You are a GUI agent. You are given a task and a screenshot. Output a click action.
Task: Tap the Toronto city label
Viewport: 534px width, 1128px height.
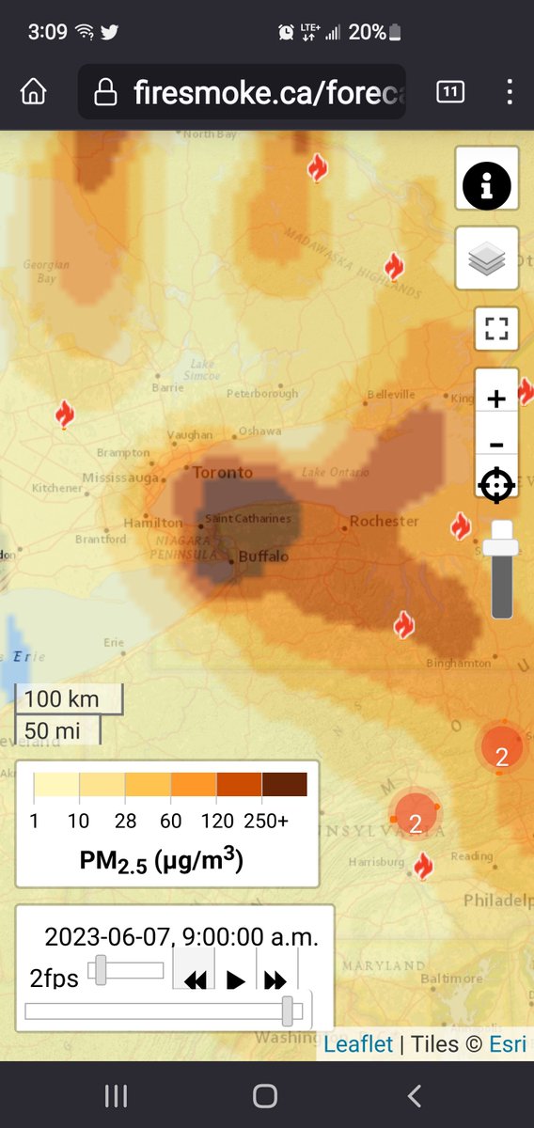tap(223, 472)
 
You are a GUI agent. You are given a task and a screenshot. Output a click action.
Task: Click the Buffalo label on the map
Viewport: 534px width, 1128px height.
tap(263, 556)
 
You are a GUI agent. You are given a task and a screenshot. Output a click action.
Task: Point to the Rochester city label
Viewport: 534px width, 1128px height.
tap(384, 521)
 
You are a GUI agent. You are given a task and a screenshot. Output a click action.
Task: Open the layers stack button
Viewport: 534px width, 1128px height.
tap(487, 258)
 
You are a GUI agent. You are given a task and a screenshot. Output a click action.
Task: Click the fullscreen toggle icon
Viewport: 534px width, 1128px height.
tap(496, 329)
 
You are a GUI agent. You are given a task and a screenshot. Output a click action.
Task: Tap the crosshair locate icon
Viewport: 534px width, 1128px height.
tap(496, 485)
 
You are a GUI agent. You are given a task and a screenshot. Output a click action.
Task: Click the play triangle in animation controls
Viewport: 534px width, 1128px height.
tap(236, 981)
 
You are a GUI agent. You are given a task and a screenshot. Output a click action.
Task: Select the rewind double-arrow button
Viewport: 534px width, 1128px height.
tap(195, 981)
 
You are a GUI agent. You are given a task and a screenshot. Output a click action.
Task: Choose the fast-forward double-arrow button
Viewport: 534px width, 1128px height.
tap(275, 981)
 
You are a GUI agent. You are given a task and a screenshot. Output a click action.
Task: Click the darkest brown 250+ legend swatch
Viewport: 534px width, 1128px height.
tap(285, 784)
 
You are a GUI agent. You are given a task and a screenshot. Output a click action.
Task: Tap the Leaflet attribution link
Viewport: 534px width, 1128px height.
tap(358, 1043)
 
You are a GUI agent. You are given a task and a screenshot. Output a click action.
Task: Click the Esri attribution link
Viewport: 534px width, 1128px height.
tap(508, 1043)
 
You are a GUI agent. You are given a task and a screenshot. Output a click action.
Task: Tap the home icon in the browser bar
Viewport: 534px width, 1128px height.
tap(34, 92)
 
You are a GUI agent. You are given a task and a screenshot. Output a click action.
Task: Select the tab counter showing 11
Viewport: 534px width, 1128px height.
tap(450, 91)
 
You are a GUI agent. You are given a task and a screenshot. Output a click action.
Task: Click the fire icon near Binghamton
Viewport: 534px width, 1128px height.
tap(404, 624)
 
